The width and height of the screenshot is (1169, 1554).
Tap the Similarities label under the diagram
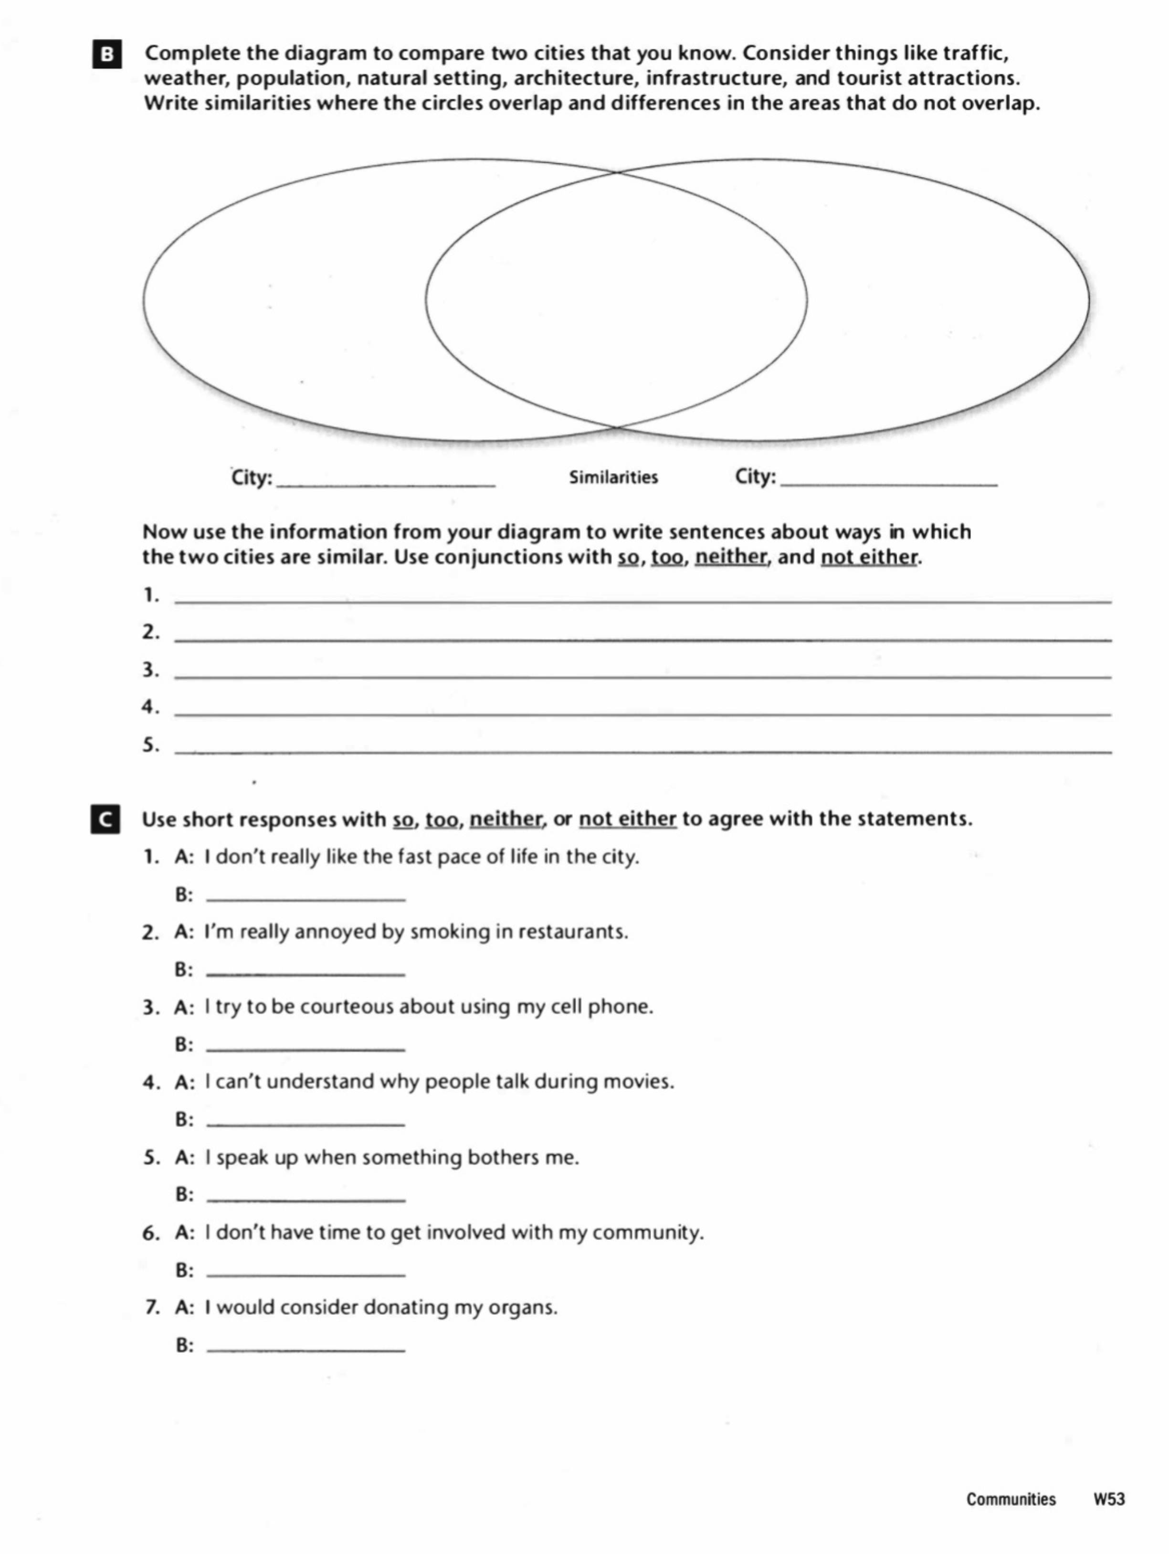613,478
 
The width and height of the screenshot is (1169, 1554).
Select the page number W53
1109,1499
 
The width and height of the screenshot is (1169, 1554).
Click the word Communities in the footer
1011,1499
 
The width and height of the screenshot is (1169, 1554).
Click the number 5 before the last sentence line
149,745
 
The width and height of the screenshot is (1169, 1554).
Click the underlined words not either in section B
868,557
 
